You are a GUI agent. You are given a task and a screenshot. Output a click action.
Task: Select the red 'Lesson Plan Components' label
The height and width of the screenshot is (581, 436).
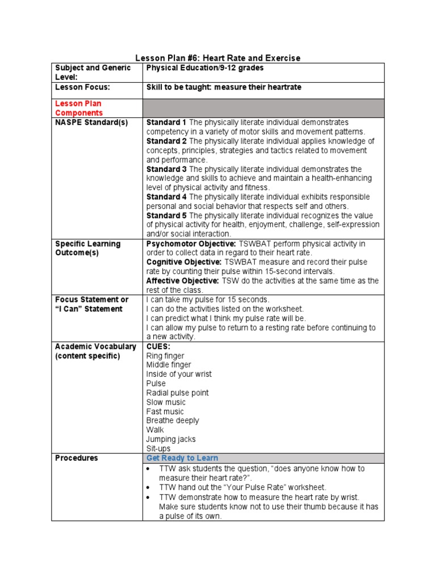[78, 108]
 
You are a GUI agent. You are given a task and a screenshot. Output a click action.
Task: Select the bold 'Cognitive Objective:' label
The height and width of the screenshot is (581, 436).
[184, 262]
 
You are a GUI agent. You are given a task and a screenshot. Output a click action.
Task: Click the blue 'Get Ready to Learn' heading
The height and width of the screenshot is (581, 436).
[182, 458]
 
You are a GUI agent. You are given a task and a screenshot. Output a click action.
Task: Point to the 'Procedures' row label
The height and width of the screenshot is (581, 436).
[76, 458]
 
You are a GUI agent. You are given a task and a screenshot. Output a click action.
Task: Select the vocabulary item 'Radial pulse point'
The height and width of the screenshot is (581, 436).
[177, 393]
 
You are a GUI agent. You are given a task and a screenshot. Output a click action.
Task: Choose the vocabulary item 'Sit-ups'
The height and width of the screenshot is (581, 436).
[158, 448]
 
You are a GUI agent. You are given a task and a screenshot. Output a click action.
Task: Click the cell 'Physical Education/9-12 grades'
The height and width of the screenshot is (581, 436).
[205, 68]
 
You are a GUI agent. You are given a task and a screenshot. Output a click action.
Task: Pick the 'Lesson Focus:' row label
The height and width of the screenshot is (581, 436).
[82, 87]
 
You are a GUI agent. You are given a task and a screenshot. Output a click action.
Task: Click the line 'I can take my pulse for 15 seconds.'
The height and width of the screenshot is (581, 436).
[208, 300]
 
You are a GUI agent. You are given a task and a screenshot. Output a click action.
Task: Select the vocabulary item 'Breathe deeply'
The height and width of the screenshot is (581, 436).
[173, 420]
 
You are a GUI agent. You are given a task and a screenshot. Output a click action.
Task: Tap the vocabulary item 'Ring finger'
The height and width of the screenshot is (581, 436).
[165, 356]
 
